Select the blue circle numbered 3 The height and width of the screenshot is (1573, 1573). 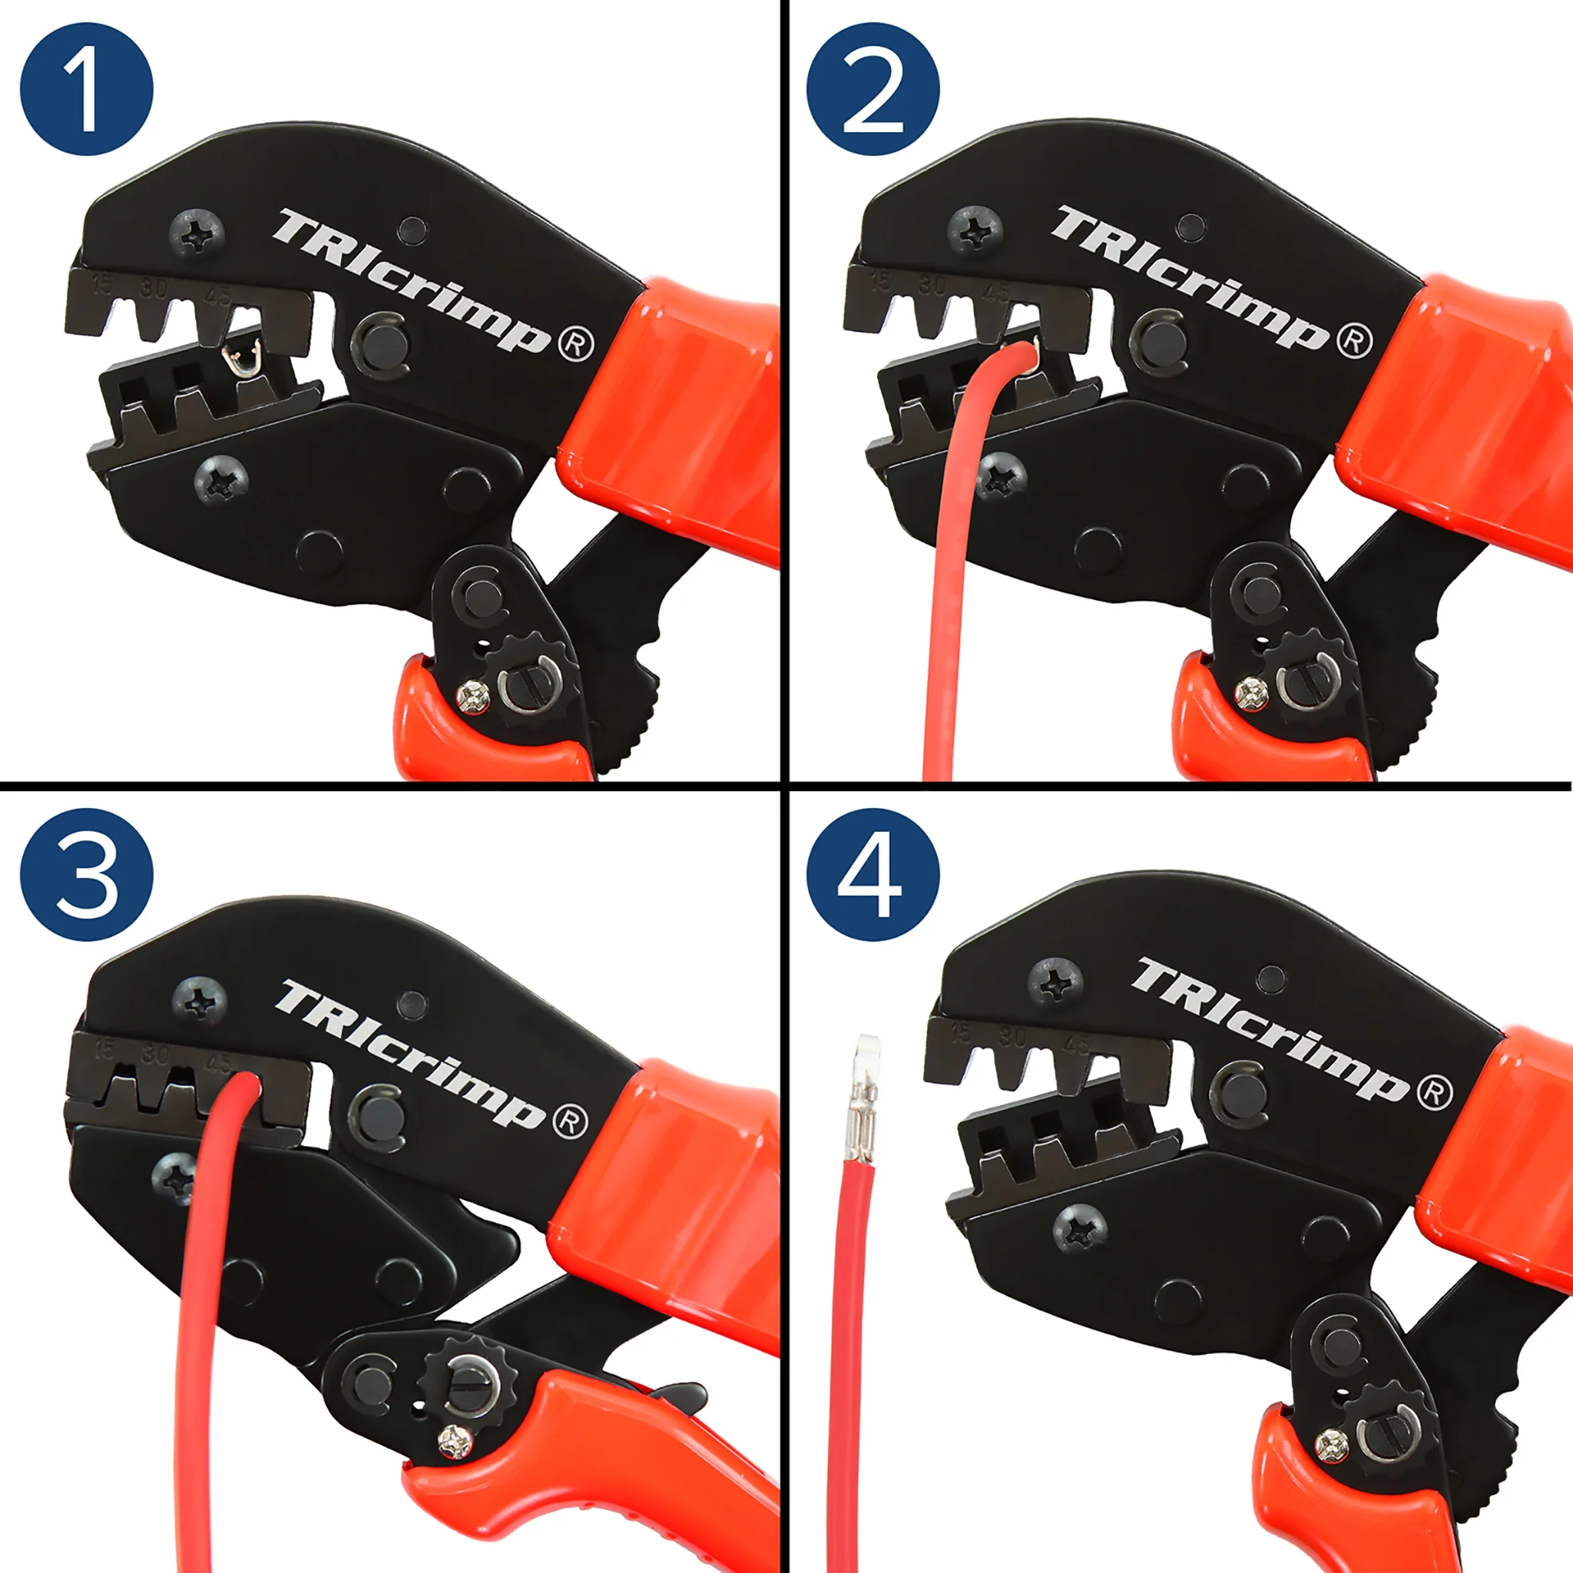pyautogui.click(x=86, y=874)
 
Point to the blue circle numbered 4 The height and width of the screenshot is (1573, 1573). pyautogui.click(x=873, y=874)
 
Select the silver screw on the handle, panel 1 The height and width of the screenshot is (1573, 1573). pyautogui.click(x=473, y=696)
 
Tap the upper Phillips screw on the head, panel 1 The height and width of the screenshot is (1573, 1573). pyautogui.click(x=196, y=234)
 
